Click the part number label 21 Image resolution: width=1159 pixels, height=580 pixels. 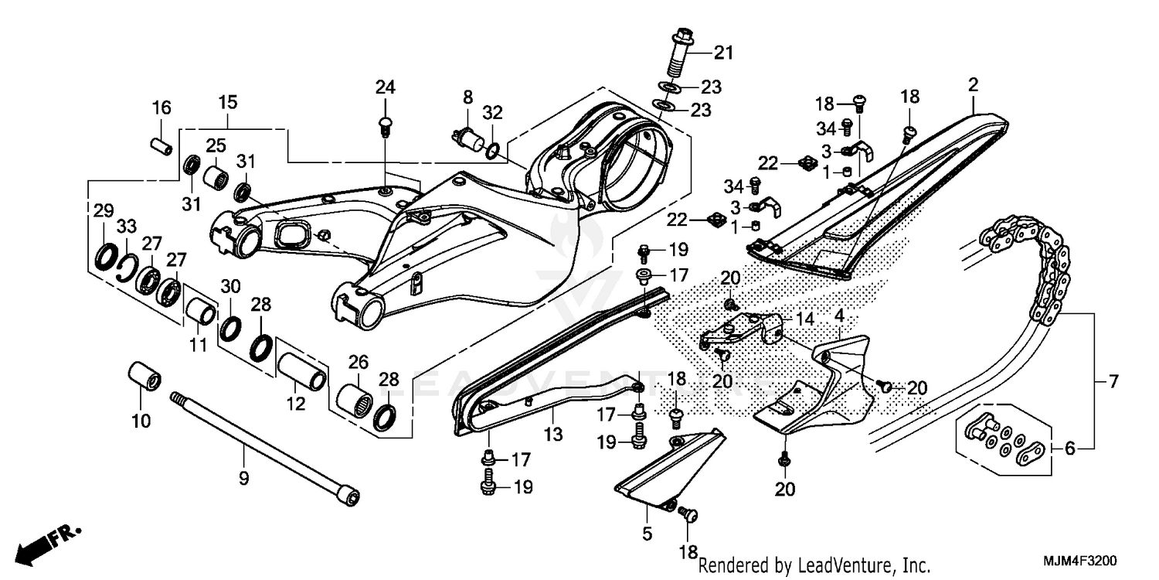tap(722, 53)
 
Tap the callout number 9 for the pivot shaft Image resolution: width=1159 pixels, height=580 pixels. tap(243, 479)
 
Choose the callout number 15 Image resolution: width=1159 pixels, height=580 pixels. tap(227, 102)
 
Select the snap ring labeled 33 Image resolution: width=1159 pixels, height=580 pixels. tap(128, 267)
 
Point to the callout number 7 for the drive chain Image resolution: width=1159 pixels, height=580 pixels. tap(1113, 382)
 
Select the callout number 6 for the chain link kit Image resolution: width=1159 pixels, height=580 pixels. tap(1069, 448)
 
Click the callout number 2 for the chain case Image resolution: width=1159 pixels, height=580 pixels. tap(973, 84)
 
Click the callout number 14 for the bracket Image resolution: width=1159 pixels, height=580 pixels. tap(805, 318)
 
